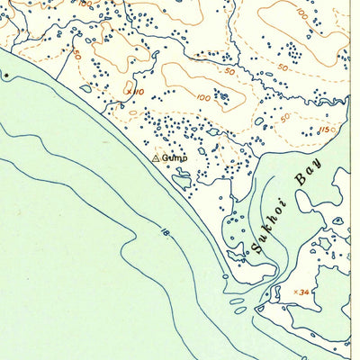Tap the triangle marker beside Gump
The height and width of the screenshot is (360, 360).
pyautogui.click(x=157, y=158)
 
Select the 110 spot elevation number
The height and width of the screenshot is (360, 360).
pyautogui.click(x=139, y=91)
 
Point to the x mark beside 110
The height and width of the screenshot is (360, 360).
pyautogui.click(x=129, y=91)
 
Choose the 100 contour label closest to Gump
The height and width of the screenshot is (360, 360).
pyautogui.click(x=202, y=97)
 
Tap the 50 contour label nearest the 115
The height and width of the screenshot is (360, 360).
pyautogui.click(x=284, y=117)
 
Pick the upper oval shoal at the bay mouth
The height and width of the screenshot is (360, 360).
pyautogui.click(x=237, y=301)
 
